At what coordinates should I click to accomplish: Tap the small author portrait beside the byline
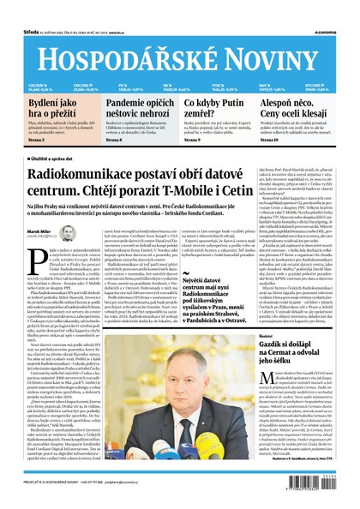coord(68,233)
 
